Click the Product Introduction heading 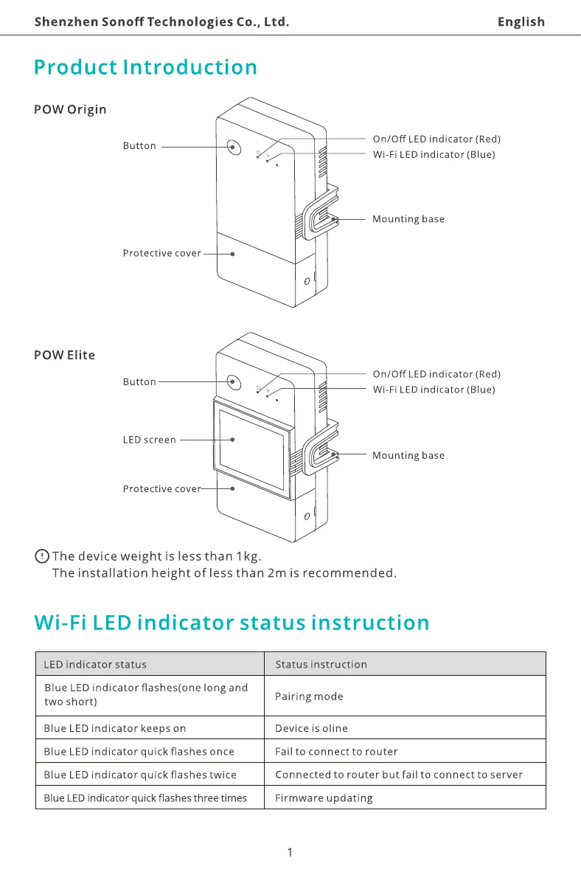click(146, 68)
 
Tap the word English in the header click(521, 21)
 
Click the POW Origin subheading click(70, 110)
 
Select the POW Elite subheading click(65, 356)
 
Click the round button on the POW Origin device click(234, 147)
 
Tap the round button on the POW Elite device click(234, 382)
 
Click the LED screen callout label click(149, 440)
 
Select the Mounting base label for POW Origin click(408, 219)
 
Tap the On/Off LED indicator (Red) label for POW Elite click(436, 375)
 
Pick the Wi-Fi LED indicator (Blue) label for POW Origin click(434, 155)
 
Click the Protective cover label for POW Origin click(161, 254)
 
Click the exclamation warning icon click(42, 556)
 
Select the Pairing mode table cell click(309, 696)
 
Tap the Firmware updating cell click(324, 798)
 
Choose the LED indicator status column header click(95, 665)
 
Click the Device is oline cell click(311, 728)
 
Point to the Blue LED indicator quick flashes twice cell click(140, 775)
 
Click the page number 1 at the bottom click(290, 853)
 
